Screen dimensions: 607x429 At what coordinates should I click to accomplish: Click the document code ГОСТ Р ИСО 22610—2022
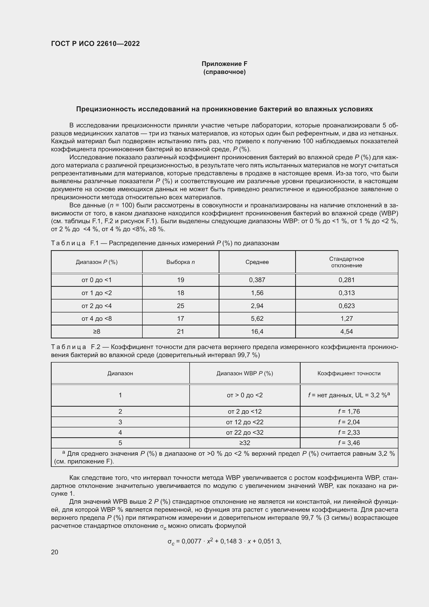pos(95,44)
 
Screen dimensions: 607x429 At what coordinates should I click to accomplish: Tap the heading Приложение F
pos(224,64)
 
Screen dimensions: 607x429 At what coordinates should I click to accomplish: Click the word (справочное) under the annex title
pos(224,72)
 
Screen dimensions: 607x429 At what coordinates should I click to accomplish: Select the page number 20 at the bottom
pos(55,552)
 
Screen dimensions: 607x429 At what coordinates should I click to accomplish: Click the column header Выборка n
pos(181,262)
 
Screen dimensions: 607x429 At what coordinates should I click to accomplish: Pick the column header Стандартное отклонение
pos(347,262)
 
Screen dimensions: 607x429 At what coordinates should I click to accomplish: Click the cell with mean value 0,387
pos(257,280)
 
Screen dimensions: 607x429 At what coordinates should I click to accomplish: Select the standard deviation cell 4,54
pos(347,331)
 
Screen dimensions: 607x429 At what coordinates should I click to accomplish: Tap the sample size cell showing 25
pos(181,306)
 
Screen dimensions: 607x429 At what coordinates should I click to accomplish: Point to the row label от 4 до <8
pos(97,319)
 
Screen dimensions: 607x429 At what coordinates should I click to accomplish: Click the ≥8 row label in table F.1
pos(97,331)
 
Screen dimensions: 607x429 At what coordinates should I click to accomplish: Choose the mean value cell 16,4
pos(257,331)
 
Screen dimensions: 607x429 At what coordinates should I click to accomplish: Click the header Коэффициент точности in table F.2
pos(349,373)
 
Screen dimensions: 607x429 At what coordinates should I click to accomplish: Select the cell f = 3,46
pos(349,443)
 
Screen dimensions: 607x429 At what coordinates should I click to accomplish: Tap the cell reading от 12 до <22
pos(245,422)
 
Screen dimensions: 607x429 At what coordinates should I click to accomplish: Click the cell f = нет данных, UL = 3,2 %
pos(349,395)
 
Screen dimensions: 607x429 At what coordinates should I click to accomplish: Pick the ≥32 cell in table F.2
pos(245,443)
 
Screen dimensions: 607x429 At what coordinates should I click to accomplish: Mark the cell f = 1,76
pos(349,412)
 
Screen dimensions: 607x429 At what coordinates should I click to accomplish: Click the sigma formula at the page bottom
pos(224,541)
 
